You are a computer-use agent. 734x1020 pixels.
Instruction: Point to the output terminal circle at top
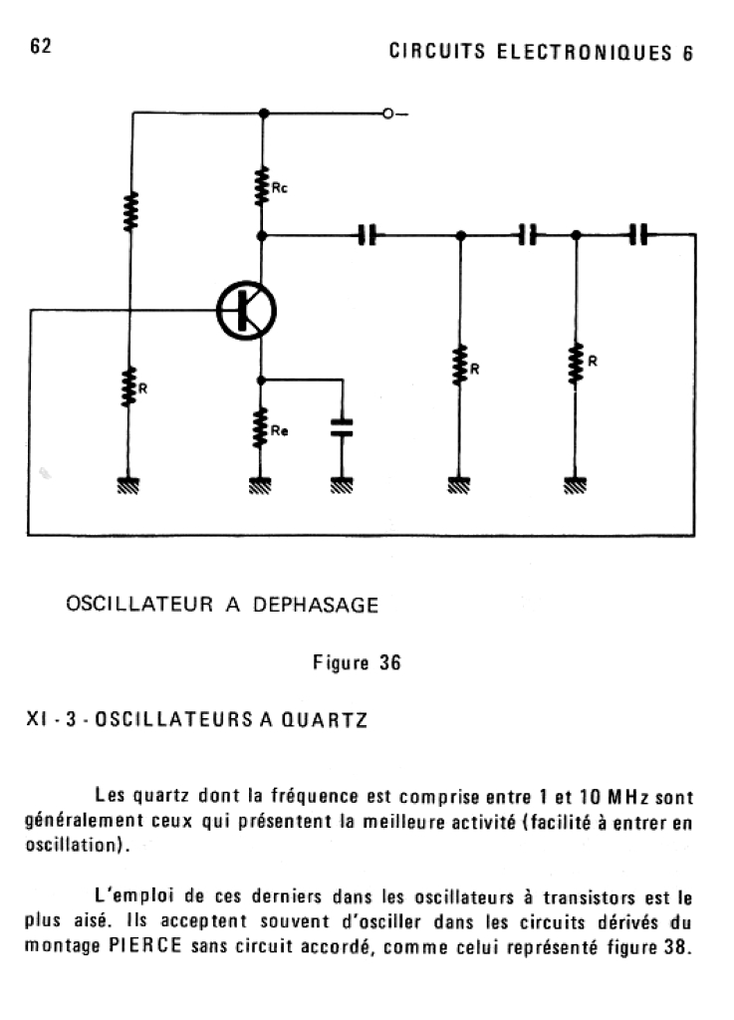[390, 114]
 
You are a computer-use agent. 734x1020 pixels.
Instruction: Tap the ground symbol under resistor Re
[260, 486]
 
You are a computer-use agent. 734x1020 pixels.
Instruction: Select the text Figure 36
[357, 663]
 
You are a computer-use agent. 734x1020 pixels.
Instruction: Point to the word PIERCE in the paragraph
[141, 945]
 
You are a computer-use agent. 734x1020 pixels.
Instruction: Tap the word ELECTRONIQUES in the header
[587, 53]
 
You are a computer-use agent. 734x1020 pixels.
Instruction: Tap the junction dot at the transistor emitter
[261, 380]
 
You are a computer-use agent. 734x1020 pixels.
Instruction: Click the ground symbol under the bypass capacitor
[342, 486]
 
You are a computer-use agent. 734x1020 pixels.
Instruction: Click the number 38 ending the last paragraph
[675, 945]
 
